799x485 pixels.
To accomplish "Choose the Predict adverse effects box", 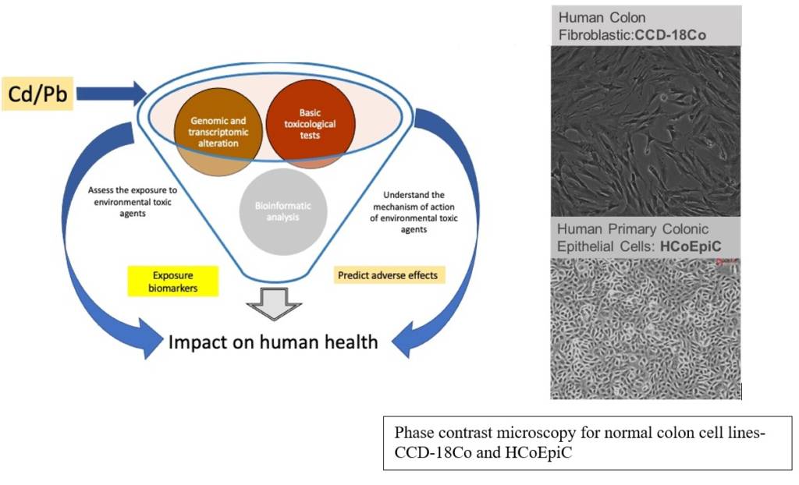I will coord(389,274).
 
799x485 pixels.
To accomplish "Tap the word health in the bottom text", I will coord(353,342).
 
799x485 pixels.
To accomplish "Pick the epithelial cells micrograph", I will coord(645,327).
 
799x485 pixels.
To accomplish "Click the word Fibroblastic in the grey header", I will coord(590,34).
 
